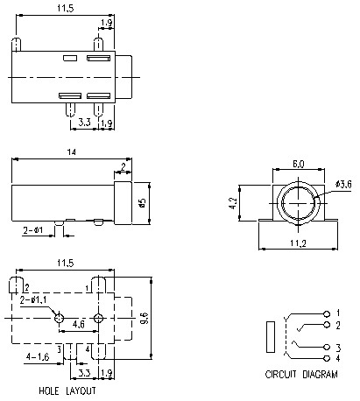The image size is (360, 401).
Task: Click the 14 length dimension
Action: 68,152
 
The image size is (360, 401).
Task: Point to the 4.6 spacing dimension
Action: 78,324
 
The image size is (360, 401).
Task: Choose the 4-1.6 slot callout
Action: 38,357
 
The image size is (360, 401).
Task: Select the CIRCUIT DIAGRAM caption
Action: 300,374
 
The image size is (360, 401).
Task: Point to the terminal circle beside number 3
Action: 328,348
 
